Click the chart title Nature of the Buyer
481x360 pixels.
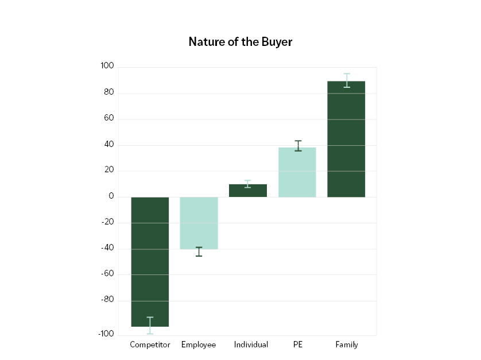click(x=240, y=42)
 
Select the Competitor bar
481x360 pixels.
click(x=150, y=261)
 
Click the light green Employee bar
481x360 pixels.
click(x=199, y=223)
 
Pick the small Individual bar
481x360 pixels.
click(x=248, y=191)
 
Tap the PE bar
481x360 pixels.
click(x=297, y=172)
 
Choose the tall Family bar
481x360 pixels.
click(x=346, y=139)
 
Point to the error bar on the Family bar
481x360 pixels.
click(x=347, y=80)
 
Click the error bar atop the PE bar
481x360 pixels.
click(x=298, y=146)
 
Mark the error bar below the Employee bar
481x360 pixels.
click(x=199, y=251)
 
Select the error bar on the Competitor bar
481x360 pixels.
click(x=150, y=325)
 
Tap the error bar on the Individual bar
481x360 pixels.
click(x=248, y=184)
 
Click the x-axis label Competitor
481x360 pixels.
click(x=150, y=344)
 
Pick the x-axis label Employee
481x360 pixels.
click(x=199, y=344)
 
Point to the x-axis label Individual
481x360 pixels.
click(x=251, y=344)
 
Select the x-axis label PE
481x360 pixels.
click(x=297, y=344)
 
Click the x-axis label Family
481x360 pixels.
click(x=347, y=344)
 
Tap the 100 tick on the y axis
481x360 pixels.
click(x=107, y=67)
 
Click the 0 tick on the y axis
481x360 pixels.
click(x=111, y=197)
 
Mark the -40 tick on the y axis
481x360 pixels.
click(x=107, y=249)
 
